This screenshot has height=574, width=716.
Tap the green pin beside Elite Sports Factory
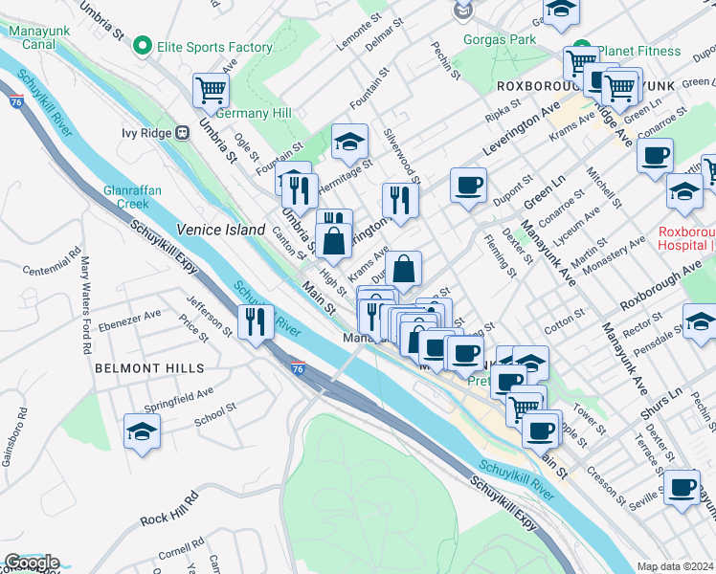coord(142,46)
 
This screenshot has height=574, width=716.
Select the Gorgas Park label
coord(499,40)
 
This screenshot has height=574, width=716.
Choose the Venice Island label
coord(221,230)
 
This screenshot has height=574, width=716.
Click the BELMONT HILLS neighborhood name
coord(149,367)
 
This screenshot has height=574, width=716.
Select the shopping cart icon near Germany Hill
coord(211,92)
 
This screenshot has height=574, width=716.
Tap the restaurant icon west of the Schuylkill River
coord(254,321)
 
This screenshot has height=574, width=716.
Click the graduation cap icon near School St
coord(143,431)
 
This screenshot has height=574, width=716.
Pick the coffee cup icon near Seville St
coord(682,488)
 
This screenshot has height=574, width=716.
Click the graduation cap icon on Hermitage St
coord(349,143)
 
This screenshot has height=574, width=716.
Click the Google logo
coord(32,563)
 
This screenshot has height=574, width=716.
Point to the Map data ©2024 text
coord(676,566)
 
